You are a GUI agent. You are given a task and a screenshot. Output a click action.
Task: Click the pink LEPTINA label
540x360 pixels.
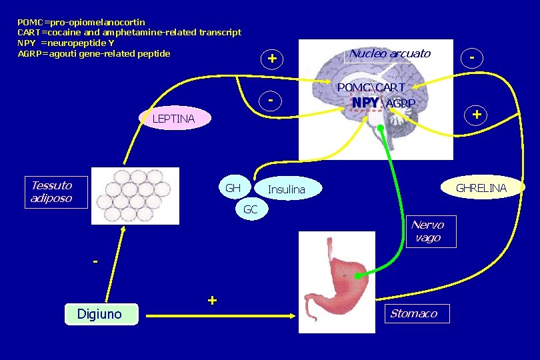[x=173, y=119]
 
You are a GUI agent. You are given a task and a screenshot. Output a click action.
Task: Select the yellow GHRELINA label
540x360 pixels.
[x=481, y=189]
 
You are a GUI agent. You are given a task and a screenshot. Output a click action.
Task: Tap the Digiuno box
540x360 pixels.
[x=100, y=313]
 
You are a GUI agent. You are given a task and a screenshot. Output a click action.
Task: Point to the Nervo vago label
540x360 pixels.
[x=427, y=231]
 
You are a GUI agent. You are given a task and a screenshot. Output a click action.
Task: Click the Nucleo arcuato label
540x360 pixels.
[x=390, y=53]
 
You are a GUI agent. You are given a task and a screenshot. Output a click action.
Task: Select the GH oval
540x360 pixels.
[x=233, y=188]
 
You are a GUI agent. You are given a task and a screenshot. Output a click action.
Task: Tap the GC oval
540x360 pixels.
[x=251, y=209]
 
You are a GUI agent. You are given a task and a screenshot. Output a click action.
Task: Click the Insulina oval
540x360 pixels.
[x=287, y=190]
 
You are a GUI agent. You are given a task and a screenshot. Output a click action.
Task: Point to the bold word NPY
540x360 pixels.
[x=365, y=103]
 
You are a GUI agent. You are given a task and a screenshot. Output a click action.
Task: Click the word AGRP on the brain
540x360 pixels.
[x=401, y=103]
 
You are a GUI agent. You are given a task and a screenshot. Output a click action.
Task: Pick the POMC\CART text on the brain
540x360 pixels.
[x=371, y=88]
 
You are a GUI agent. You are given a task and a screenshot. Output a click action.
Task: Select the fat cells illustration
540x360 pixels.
[x=135, y=195]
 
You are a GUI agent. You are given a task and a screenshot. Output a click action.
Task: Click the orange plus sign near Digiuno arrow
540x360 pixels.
[x=212, y=301]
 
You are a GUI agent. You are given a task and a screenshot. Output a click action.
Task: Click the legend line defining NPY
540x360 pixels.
[x=70, y=43]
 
